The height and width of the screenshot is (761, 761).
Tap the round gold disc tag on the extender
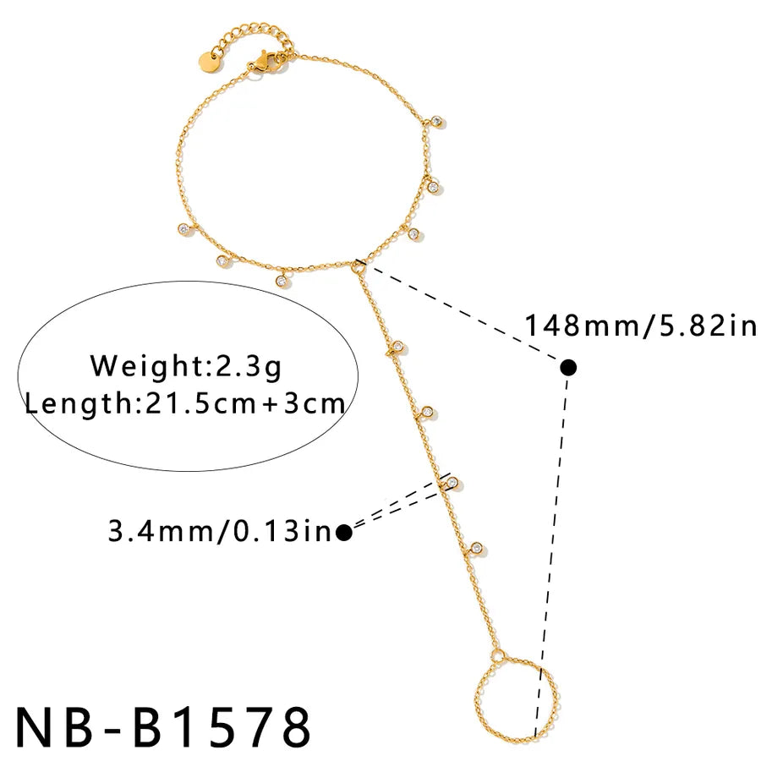209,61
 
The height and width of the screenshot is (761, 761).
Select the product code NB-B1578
163,726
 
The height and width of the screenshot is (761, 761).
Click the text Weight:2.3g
186,366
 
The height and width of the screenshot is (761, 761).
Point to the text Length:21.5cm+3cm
185,403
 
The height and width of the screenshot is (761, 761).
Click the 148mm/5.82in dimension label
641,325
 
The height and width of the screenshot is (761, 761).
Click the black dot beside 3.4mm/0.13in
344,533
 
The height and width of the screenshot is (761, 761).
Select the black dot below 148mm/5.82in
568,368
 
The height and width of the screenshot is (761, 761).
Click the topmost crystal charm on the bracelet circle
437,121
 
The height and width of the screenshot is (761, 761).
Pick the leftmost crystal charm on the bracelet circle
183,228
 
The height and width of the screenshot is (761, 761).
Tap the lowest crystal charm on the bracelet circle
281,281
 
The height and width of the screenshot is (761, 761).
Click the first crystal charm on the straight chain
398,347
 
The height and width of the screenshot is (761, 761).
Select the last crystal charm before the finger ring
477,548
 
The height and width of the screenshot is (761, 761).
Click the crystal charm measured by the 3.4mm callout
452,483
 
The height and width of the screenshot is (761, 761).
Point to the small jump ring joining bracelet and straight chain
359,266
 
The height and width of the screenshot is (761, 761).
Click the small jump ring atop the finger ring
497,656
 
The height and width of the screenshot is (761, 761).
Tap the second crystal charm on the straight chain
428,412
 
